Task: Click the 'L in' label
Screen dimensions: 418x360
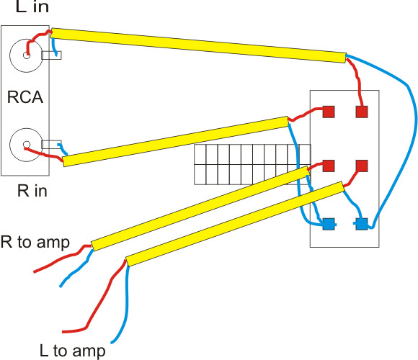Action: click(x=32, y=6)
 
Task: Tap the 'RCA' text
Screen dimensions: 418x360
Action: click(x=25, y=97)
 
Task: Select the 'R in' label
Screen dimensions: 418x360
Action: click(x=32, y=191)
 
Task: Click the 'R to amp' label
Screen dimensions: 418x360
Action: click(x=35, y=242)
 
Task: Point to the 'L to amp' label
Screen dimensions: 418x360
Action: click(x=72, y=351)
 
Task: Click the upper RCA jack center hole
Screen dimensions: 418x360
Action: click(x=27, y=55)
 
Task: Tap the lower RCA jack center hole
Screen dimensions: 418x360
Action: click(x=27, y=145)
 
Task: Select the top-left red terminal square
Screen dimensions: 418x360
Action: click(x=329, y=112)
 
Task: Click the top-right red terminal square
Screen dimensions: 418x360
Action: click(x=362, y=112)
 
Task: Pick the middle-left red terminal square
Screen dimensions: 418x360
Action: click(x=329, y=166)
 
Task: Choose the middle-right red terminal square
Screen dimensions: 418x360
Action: click(x=362, y=166)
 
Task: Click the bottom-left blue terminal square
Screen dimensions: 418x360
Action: click(x=329, y=224)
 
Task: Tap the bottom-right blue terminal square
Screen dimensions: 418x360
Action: click(x=362, y=224)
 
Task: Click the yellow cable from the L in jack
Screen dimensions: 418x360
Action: click(x=199, y=45)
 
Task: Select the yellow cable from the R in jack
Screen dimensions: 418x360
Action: click(x=176, y=141)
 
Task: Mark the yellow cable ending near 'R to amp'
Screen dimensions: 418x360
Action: click(x=200, y=209)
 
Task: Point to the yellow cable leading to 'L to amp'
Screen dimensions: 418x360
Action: click(x=235, y=224)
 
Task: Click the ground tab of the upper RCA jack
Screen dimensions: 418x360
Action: click(x=52, y=55)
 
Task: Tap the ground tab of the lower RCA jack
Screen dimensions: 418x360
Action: click(x=52, y=145)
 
